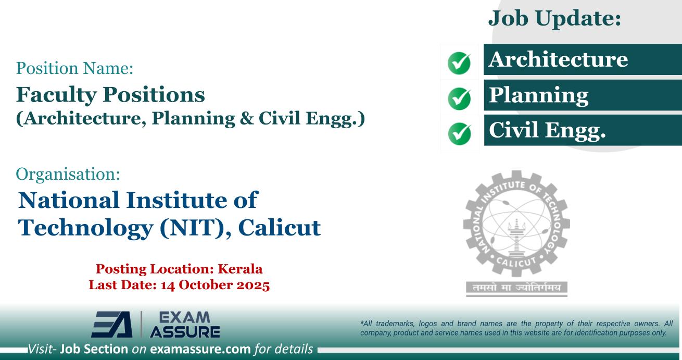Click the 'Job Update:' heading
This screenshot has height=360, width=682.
(x=555, y=20)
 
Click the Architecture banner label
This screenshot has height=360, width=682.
(x=558, y=59)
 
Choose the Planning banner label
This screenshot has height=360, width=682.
(x=538, y=95)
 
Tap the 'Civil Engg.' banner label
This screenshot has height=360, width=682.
(x=547, y=131)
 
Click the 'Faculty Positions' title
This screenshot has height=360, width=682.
(x=110, y=94)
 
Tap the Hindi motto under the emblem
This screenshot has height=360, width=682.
(x=516, y=288)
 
